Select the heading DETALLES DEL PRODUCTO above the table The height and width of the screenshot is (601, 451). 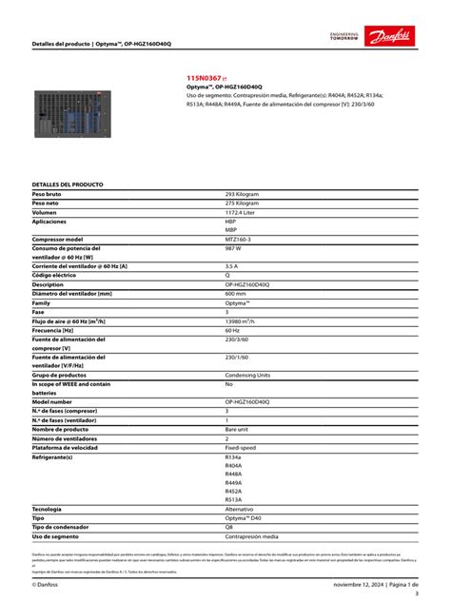click(x=68, y=184)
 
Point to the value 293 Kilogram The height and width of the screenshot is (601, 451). click(x=242, y=194)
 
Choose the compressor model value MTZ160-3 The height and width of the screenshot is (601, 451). click(x=239, y=239)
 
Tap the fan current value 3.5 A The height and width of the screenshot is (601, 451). click(x=231, y=266)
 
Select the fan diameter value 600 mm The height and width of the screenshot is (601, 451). click(x=235, y=294)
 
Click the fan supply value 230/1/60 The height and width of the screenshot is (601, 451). click(x=237, y=358)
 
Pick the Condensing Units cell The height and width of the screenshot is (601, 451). click(x=247, y=375)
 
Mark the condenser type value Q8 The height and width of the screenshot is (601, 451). click(x=228, y=528)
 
